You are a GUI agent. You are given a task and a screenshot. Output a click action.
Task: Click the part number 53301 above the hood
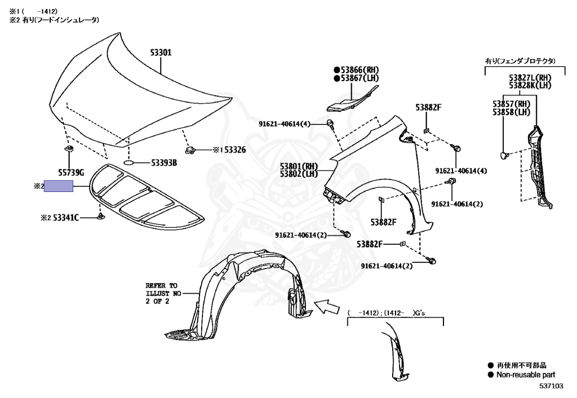[x=161, y=52]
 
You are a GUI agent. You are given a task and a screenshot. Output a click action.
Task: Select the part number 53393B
[x=164, y=163]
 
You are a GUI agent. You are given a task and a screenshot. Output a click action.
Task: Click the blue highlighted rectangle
[x=59, y=186]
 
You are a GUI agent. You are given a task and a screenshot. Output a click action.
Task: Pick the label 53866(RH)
[x=359, y=69]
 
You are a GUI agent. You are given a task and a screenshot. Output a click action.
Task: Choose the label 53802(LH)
[x=299, y=175]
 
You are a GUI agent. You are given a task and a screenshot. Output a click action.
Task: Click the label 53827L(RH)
[x=530, y=77]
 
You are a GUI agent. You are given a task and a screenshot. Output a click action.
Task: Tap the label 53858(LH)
[x=512, y=112]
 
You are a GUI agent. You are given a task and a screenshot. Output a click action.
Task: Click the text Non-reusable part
[x=525, y=374]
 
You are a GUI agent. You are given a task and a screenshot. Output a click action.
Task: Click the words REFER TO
[x=161, y=285]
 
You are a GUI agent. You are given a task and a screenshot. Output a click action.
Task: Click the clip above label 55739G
[x=70, y=149]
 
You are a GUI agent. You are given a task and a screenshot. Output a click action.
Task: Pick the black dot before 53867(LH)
[x=336, y=78]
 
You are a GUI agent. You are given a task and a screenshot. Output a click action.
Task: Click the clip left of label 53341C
[x=100, y=217]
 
